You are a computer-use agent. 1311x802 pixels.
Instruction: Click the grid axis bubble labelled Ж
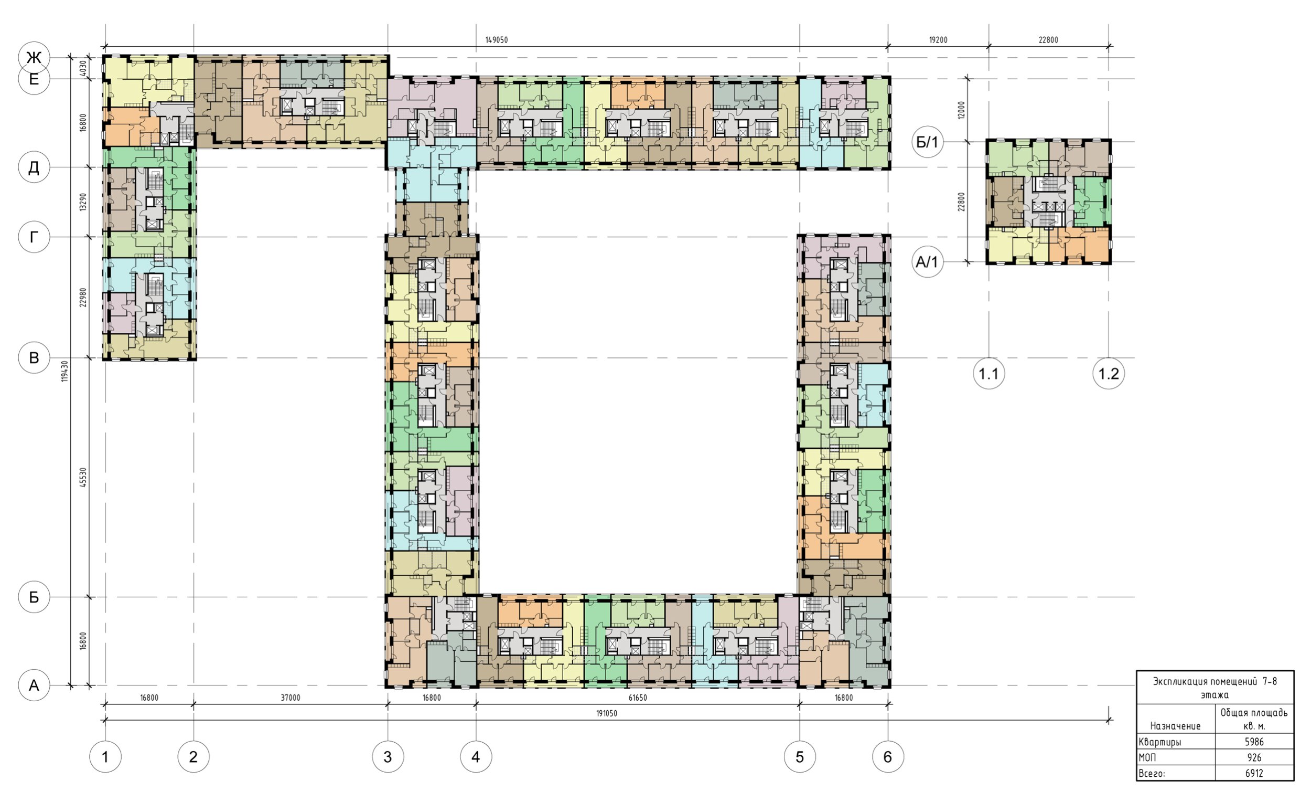pyautogui.click(x=34, y=57)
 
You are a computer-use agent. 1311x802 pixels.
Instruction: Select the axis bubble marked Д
pyautogui.click(x=34, y=168)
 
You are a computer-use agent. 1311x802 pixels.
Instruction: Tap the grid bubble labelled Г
pyautogui.click(x=34, y=237)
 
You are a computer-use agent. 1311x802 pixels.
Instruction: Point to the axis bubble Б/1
pyautogui.click(x=927, y=142)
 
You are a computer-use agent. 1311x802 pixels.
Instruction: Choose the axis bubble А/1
pyautogui.click(x=927, y=262)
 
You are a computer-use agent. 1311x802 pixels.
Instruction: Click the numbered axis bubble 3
pyautogui.click(x=388, y=757)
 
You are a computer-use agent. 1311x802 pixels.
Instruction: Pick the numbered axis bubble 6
pyautogui.click(x=887, y=757)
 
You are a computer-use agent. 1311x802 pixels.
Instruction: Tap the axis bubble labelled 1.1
pyautogui.click(x=988, y=373)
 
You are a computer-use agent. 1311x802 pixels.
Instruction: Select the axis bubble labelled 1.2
pyautogui.click(x=1109, y=373)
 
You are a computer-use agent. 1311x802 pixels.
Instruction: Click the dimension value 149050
pyautogui.click(x=497, y=40)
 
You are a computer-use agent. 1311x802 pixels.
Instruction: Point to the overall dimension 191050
pyautogui.click(x=607, y=714)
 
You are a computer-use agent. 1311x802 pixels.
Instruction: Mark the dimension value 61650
pyautogui.click(x=638, y=698)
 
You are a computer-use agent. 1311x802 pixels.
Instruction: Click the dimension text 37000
pyautogui.click(x=291, y=698)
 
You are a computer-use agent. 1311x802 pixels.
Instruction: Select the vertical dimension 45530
pyautogui.click(x=82, y=478)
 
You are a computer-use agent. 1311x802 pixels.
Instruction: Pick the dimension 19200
pyautogui.click(x=938, y=40)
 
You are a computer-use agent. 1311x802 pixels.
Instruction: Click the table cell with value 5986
pyautogui.click(x=1254, y=742)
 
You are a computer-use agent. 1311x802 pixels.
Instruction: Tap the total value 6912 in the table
pyautogui.click(x=1254, y=773)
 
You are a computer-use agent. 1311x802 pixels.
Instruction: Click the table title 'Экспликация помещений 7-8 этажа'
pyautogui.click(x=1215, y=688)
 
